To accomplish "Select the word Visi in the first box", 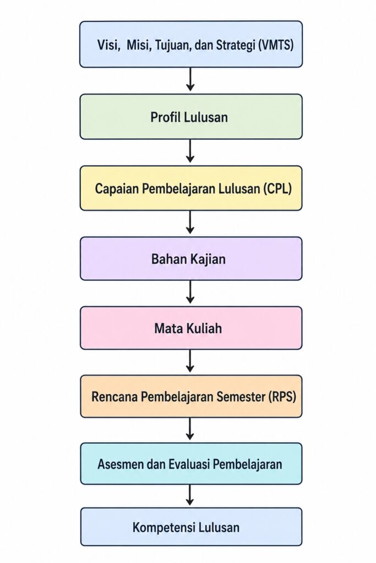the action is pyautogui.click(x=108, y=45).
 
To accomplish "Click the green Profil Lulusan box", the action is pyautogui.click(x=191, y=117).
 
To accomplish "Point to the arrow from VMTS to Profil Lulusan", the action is pyautogui.click(x=190, y=79).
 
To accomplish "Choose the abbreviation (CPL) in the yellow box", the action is pyautogui.click(x=277, y=189).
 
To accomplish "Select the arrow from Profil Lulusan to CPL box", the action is pyautogui.click(x=190, y=151).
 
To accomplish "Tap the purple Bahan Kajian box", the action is pyautogui.click(x=191, y=258).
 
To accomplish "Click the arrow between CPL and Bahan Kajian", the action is pyautogui.click(x=190, y=222).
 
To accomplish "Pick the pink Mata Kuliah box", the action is pyautogui.click(x=191, y=328).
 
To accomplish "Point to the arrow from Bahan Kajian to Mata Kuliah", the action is pyautogui.click(x=190, y=292).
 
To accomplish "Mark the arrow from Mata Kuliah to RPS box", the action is pyautogui.click(x=190, y=361).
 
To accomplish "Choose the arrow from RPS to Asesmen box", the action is pyautogui.click(x=190, y=429).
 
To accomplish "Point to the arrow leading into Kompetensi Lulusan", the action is pyautogui.click(x=190, y=495).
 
